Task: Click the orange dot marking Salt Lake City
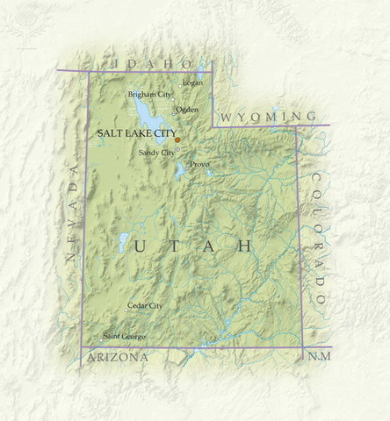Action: click(177, 139)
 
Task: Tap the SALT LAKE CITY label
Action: click(135, 132)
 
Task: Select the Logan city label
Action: click(192, 83)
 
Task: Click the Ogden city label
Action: click(187, 110)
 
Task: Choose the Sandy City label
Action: click(156, 153)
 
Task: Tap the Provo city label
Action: click(199, 163)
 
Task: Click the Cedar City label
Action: click(145, 305)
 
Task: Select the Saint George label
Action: click(125, 336)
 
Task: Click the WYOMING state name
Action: click(267, 117)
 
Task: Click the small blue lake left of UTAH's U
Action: click(124, 242)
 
